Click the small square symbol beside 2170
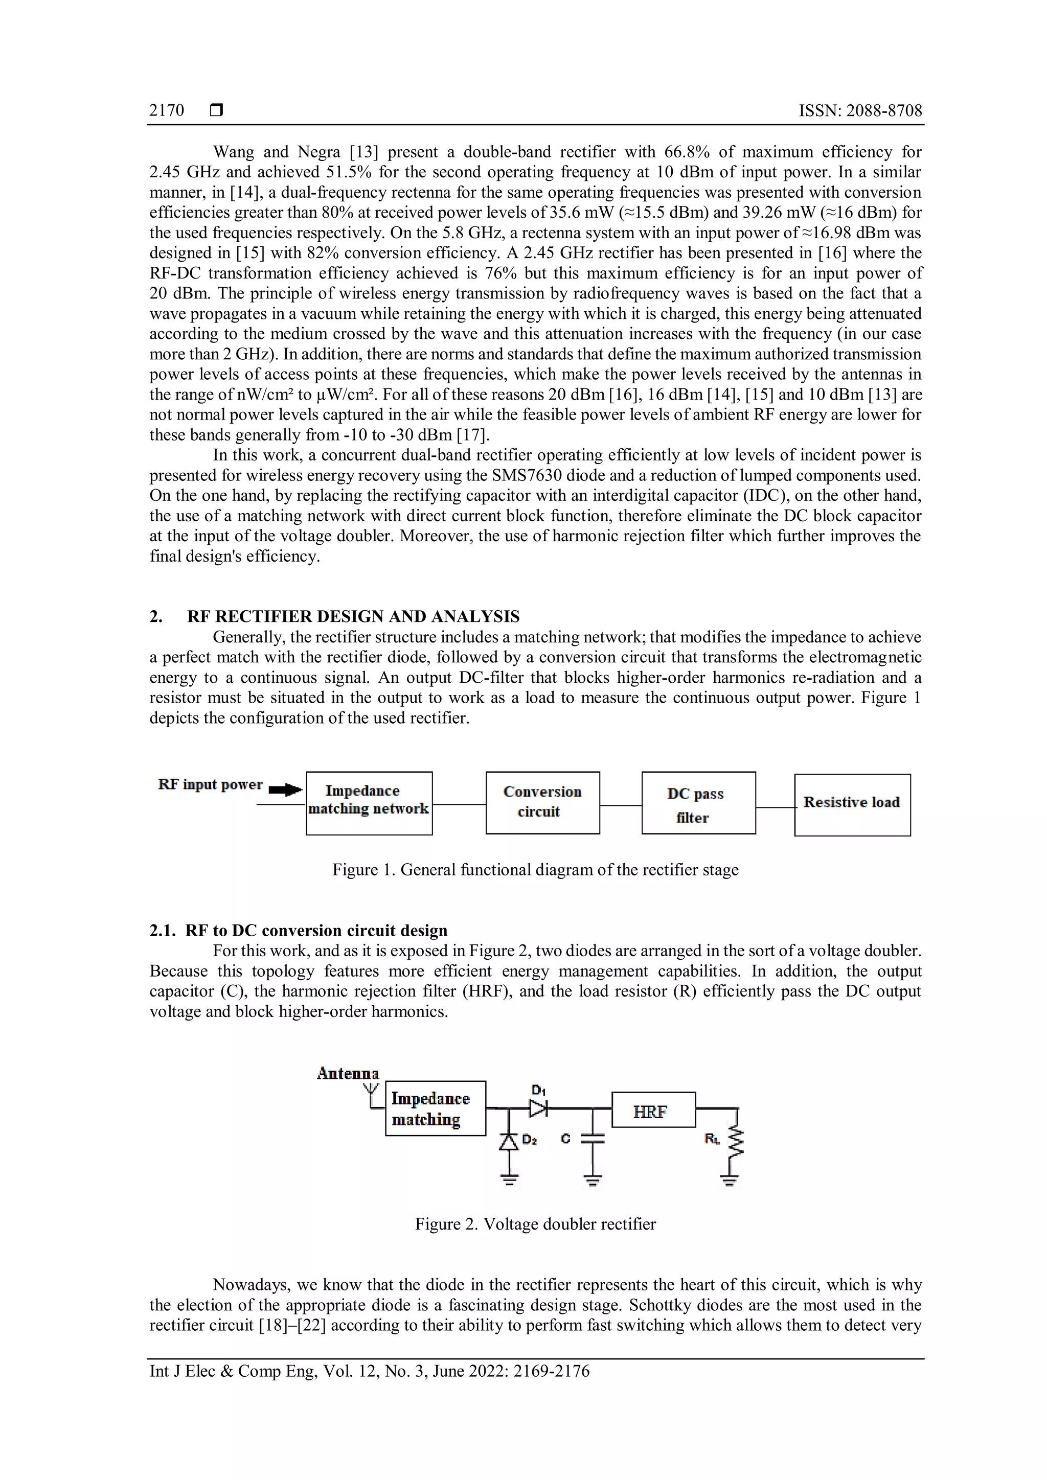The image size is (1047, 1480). [x=217, y=111]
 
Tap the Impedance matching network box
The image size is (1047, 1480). [x=369, y=803]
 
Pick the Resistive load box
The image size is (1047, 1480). [x=852, y=804]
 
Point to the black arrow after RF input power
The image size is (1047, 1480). [x=285, y=790]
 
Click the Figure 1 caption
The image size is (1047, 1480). [x=535, y=870]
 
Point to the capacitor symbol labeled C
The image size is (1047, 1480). [x=593, y=1140]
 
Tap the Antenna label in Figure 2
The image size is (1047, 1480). [x=348, y=1073]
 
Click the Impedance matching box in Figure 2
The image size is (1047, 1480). [x=435, y=1108]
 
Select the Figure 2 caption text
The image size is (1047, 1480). [x=535, y=1224]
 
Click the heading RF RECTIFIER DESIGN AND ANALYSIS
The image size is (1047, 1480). [x=353, y=617]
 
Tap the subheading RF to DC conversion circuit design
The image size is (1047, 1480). [x=316, y=930]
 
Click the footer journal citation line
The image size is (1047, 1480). [x=370, y=1371]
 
